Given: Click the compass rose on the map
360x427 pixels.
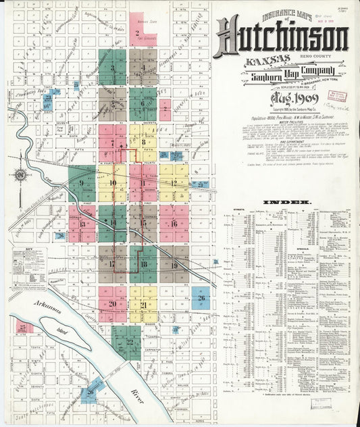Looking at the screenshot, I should point(21,176).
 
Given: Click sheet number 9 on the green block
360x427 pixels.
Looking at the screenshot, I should point(81,182).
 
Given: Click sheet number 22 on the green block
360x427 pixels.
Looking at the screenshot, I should point(129,343).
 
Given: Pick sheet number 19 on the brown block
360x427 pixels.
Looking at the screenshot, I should point(174,266).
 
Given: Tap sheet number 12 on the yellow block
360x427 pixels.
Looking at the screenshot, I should point(174,182).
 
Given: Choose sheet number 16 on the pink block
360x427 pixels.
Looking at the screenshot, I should point(174,224).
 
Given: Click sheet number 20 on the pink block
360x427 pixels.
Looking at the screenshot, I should point(112,304).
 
